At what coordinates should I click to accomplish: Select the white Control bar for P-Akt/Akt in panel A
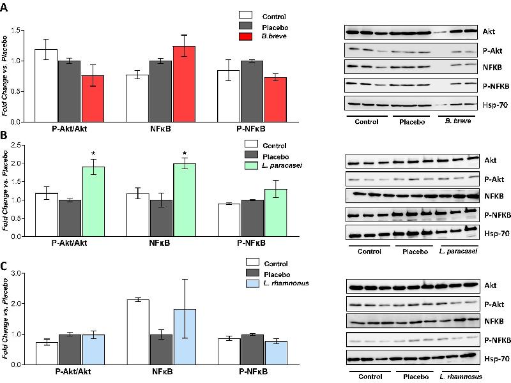click(x=45, y=85)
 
